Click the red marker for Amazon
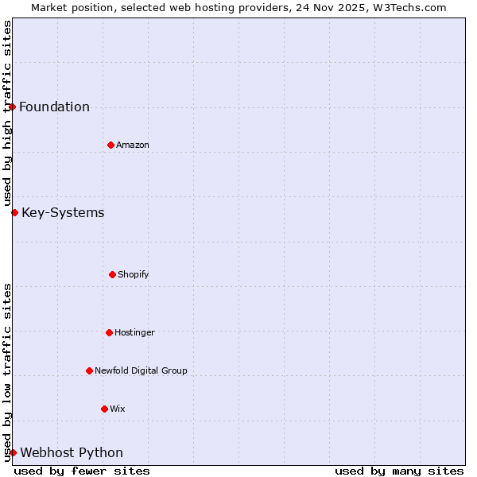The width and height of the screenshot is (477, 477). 111,145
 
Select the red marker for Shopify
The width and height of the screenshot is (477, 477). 112,274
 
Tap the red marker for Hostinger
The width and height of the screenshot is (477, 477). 109,332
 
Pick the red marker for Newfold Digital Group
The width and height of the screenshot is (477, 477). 89,370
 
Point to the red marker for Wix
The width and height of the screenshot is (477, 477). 104,409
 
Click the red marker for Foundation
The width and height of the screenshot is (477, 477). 12,107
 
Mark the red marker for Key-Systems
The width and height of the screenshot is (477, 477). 14,212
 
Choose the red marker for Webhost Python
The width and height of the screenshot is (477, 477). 13,452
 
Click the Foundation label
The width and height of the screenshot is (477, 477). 54,107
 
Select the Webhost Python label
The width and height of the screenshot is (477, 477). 72,453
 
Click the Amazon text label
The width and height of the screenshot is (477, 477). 133,145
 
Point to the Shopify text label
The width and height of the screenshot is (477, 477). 134,274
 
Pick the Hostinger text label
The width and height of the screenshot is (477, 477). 134,332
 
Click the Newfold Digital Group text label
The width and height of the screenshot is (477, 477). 141,370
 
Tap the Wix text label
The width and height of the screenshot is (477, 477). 118,409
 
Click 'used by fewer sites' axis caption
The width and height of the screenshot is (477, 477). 82,471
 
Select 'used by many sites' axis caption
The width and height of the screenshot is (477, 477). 399,471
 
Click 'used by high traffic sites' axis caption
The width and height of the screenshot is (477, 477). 7,114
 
